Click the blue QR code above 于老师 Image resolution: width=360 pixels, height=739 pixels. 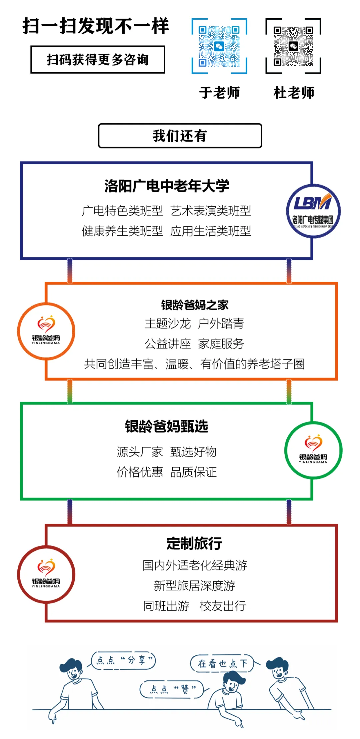219,46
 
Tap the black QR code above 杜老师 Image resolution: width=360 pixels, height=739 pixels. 293,46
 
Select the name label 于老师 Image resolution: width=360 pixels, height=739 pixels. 220,93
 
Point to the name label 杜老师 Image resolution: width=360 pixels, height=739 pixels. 294,93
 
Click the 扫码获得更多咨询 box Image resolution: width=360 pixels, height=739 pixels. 98,60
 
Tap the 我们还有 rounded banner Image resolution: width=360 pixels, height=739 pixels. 180,136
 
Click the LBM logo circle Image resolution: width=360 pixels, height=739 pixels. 313,211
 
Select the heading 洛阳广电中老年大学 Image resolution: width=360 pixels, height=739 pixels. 167,186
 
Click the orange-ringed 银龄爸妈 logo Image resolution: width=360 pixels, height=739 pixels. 46,331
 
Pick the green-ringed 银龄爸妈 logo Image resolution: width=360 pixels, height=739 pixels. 313,450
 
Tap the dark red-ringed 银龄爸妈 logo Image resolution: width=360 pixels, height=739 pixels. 46,574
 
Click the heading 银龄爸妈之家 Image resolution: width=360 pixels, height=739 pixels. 195,305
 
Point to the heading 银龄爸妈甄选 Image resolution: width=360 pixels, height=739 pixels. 167,426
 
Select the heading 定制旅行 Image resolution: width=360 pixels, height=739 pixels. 194,543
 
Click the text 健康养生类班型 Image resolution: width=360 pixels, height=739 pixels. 122,231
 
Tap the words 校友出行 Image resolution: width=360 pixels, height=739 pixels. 223,606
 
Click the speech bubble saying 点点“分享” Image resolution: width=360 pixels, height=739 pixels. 124,660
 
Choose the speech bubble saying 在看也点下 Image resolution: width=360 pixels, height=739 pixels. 222,663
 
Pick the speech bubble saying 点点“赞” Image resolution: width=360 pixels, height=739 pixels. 172,689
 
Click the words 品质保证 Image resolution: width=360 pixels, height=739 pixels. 193,472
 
